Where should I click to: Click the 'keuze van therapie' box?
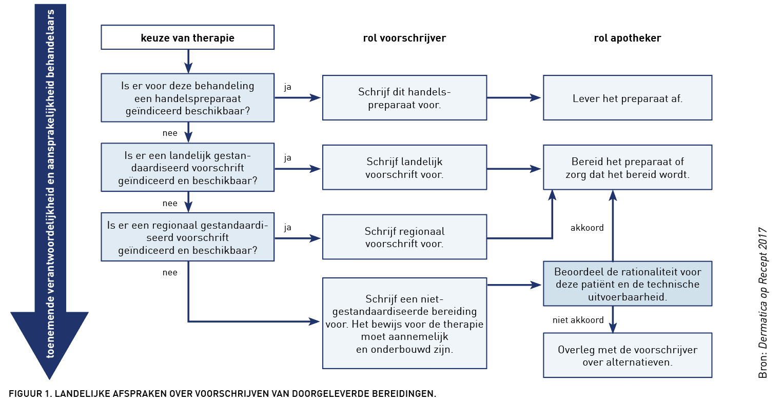coord(187,37)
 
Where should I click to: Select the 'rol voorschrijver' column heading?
coord(404,38)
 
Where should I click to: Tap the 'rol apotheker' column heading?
coord(628,38)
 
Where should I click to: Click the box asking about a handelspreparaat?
coord(187,98)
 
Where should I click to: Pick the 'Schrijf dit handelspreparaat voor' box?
coord(404,98)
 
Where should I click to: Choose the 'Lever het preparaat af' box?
coord(628,98)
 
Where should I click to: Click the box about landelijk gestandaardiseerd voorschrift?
coord(187,168)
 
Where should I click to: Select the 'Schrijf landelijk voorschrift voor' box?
coord(404,168)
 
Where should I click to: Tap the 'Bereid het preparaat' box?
coord(628,168)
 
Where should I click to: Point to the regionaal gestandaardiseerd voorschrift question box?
coord(187,237)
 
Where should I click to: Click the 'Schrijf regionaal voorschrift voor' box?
coord(404,237)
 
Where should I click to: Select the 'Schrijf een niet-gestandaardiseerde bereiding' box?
coord(404,323)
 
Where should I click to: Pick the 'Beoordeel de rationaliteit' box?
coord(628,284)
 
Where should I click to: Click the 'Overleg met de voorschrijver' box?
coord(628,355)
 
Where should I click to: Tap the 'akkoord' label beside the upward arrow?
coord(587,228)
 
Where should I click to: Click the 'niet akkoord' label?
coord(578,320)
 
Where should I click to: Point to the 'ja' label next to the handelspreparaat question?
coord(287,87)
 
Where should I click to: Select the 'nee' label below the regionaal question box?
coord(170,272)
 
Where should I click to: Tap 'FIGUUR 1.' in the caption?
coord(30,394)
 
